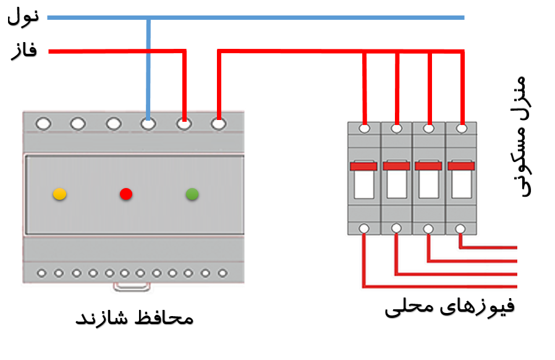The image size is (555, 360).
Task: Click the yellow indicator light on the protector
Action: (x=59, y=194)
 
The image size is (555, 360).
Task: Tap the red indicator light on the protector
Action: (x=126, y=194)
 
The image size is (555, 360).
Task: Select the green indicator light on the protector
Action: (x=192, y=194)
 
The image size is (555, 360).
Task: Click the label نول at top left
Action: (x=23, y=17)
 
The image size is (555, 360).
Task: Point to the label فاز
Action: (x=23, y=51)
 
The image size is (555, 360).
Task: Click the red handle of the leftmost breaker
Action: (x=363, y=166)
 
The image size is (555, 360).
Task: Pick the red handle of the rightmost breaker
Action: (x=461, y=166)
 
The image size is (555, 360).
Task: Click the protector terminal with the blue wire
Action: (x=148, y=124)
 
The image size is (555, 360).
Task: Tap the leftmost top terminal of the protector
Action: (x=43, y=124)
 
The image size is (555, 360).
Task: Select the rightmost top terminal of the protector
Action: (x=219, y=124)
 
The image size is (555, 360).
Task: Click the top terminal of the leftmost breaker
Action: (x=365, y=128)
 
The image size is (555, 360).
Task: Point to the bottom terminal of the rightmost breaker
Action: (x=460, y=229)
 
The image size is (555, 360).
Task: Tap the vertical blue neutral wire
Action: (x=148, y=68)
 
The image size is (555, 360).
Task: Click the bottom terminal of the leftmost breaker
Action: (x=364, y=229)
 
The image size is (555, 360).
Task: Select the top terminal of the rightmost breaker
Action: (x=461, y=128)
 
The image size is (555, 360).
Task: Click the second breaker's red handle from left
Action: (x=396, y=166)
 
